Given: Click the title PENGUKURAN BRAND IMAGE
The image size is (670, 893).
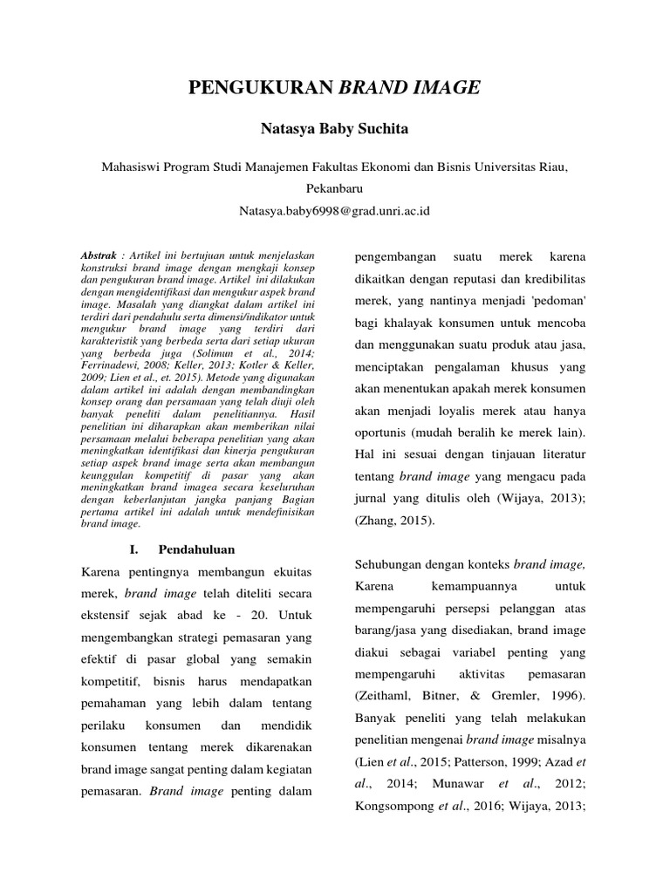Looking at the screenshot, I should (x=335, y=87).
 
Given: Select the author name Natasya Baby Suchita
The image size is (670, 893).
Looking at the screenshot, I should (x=335, y=129).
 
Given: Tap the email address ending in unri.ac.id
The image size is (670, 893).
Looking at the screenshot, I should (x=335, y=211).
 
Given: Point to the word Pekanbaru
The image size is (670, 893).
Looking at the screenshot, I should (x=335, y=187).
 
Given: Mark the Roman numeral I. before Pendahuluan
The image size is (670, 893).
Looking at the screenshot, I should (x=134, y=550).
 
